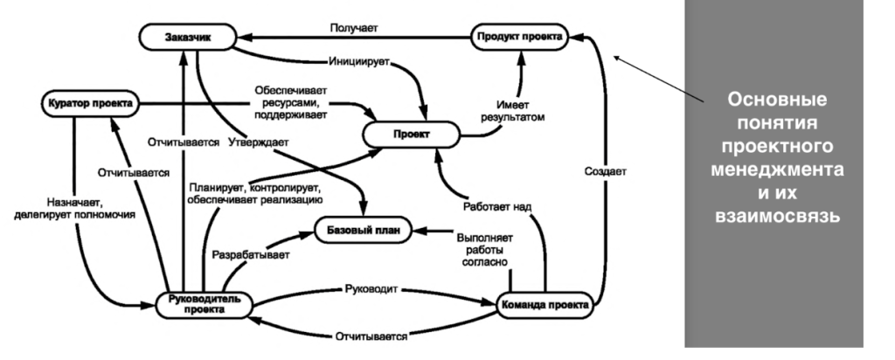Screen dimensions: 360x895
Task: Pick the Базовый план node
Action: coord(361,232)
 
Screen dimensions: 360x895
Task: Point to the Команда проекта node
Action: coord(543,305)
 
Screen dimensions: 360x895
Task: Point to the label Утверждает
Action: coord(260,141)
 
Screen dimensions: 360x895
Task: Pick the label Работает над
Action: coord(497,206)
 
